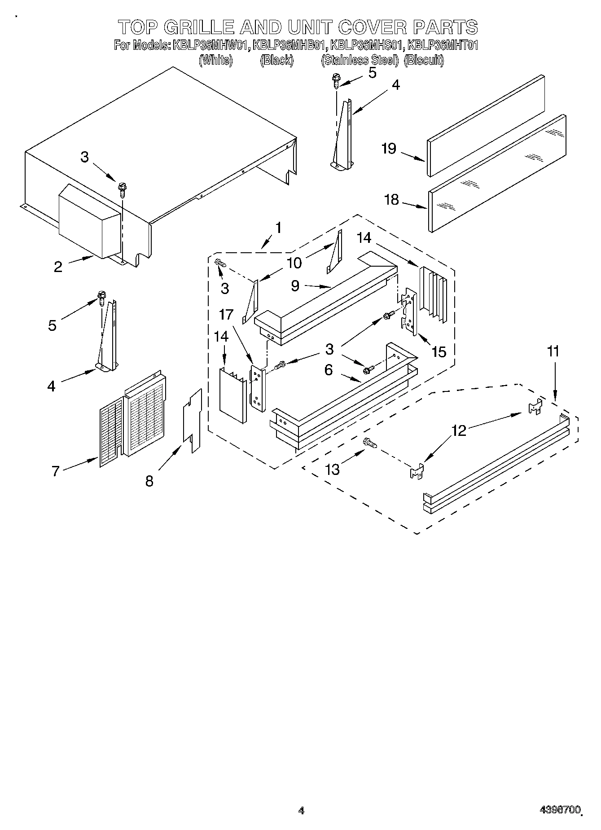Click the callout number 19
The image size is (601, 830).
coord(389,149)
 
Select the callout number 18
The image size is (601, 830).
coord(391,199)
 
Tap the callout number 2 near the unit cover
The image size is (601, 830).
coord(58,267)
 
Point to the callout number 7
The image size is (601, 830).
coord(56,471)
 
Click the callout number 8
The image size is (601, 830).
coord(149,481)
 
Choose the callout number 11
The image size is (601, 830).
coord(553,351)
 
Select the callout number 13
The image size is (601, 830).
coord(333,470)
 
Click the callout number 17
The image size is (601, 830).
coord(227,315)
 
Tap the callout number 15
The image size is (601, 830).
coord(439,352)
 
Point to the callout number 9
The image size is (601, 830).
coord(295,286)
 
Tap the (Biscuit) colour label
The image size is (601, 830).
coord(424,60)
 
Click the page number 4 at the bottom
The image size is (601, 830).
coord(301,810)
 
